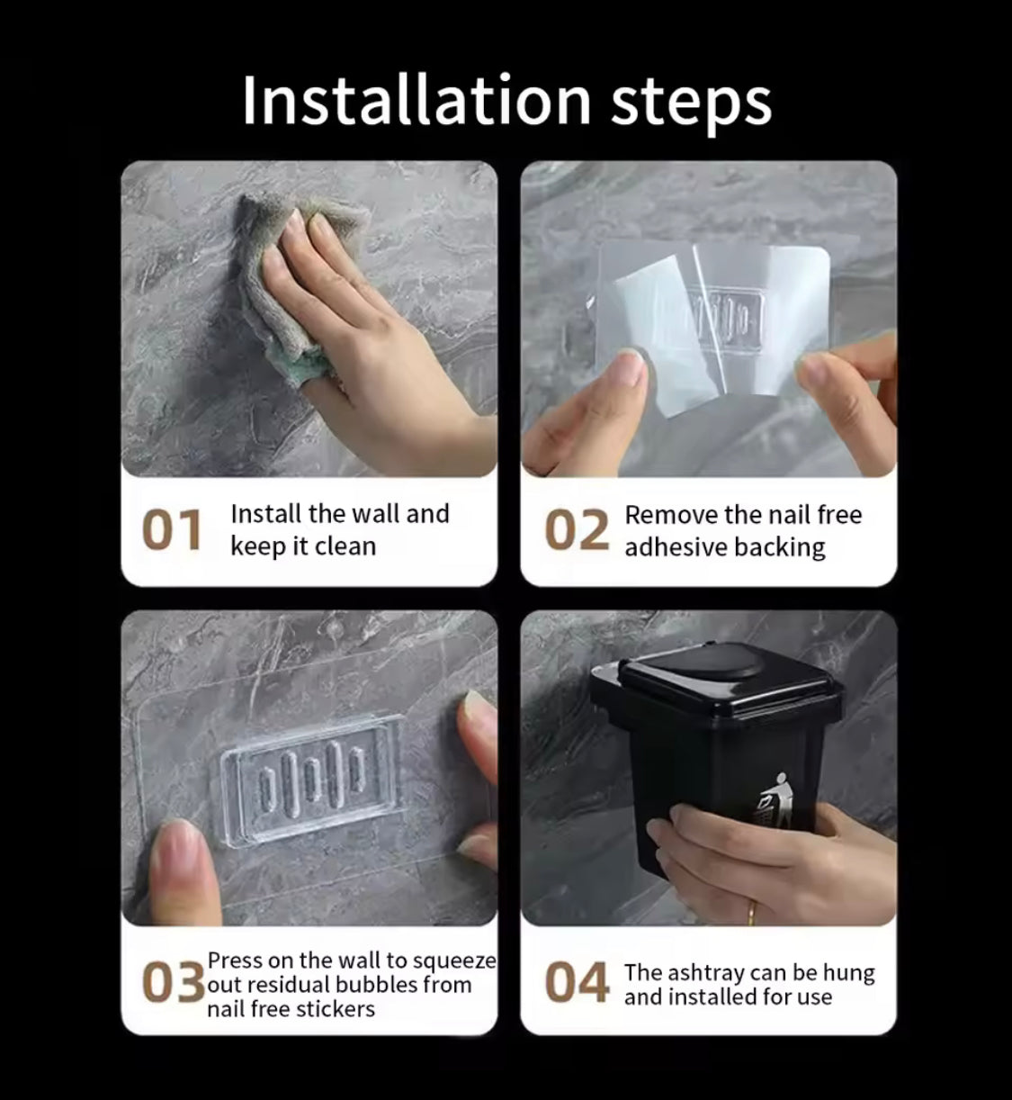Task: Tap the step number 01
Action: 172,529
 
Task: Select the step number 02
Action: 577,529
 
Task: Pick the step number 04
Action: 577,982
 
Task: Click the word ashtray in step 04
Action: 707,973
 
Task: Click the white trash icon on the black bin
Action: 775,802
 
